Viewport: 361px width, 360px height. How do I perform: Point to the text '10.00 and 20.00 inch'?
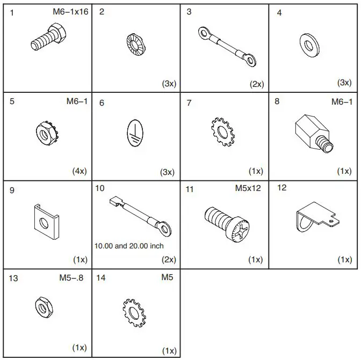point(129,246)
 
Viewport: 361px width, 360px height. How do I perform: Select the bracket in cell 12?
point(314,219)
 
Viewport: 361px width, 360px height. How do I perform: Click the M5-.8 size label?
point(71,278)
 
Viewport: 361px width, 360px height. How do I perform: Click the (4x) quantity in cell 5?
point(80,171)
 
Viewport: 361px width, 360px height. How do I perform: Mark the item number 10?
point(99,188)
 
